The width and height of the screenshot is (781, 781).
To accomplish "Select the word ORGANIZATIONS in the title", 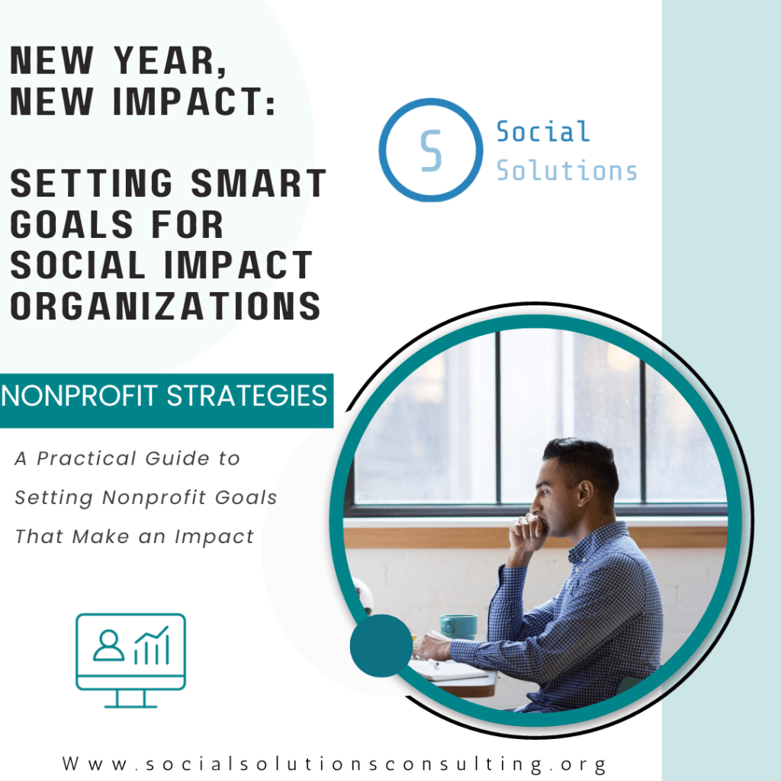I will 165,306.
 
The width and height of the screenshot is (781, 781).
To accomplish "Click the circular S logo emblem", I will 431,150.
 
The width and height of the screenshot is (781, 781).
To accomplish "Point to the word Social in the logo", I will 543,132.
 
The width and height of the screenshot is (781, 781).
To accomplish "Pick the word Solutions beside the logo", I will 567,170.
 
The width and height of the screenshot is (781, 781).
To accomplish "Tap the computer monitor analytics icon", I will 130,660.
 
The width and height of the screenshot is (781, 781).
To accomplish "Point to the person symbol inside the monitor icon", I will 108,645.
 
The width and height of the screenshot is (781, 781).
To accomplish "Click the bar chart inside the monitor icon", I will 151,645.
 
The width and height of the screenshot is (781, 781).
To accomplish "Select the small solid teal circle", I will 381,645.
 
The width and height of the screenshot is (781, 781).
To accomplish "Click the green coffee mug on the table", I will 458,626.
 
